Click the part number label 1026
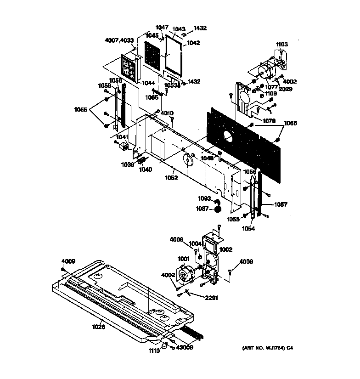click(x=98, y=327)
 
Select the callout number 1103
click(x=281, y=44)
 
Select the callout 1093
click(x=204, y=198)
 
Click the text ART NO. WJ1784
click(x=264, y=349)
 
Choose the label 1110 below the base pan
click(x=154, y=351)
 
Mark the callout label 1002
click(x=226, y=249)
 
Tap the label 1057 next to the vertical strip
click(x=281, y=204)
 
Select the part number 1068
click(x=290, y=123)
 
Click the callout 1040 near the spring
click(x=146, y=170)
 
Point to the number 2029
click(x=285, y=89)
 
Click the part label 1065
click(x=152, y=97)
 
